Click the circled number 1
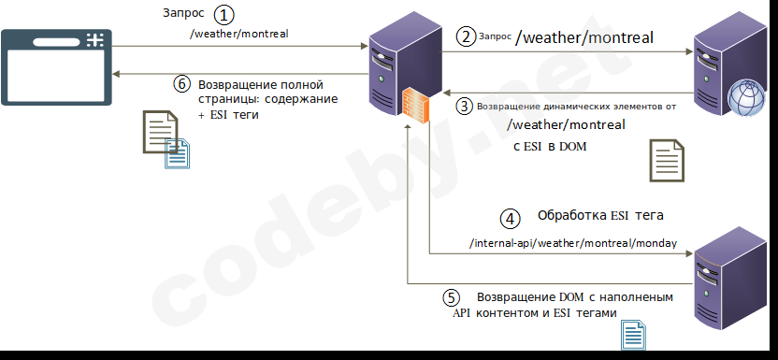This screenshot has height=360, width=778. click(x=223, y=15)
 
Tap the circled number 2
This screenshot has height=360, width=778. click(x=465, y=37)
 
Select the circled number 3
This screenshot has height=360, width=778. click(x=465, y=107)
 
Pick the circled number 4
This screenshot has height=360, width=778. click(x=509, y=219)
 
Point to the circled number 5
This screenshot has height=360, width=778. click(x=451, y=297)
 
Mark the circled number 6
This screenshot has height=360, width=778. click(x=182, y=83)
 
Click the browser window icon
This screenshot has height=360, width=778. click(x=55, y=65)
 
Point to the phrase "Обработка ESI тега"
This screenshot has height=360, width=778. click(x=600, y=216)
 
